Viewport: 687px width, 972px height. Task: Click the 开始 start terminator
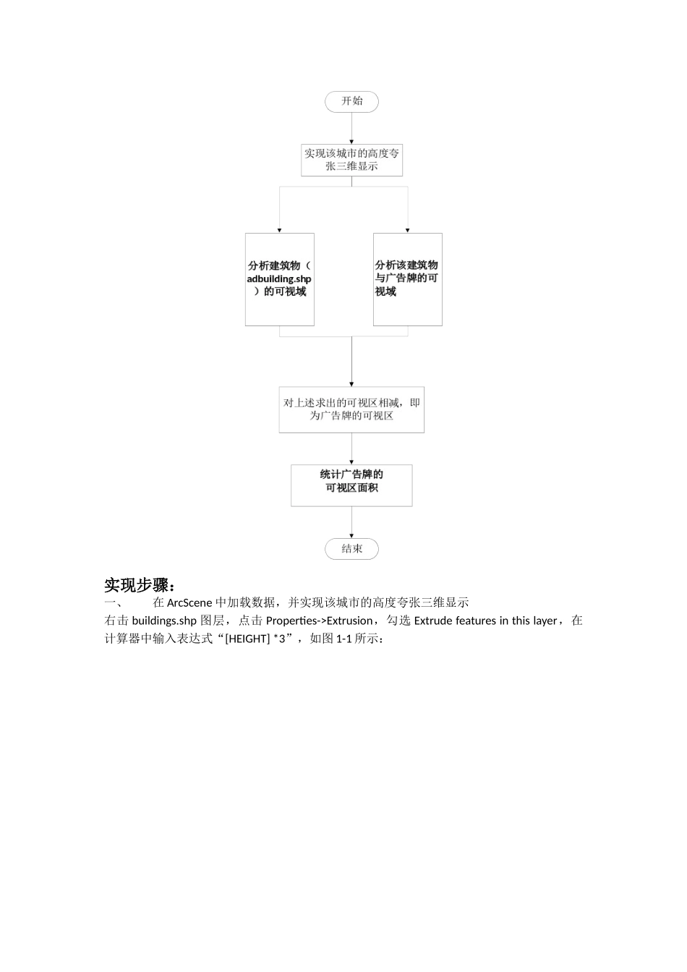coord(351,101)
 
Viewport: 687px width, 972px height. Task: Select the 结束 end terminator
coord(351,549)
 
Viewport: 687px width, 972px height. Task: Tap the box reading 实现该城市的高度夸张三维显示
coord(351,160)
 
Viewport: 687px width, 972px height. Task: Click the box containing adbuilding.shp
coord(279,279)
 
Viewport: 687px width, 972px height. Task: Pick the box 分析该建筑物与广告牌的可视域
coord(407,279)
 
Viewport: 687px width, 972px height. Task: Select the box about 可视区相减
coord(351,409)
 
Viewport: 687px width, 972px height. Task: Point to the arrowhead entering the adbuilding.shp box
coord(280,229)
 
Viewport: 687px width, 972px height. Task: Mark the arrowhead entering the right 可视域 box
coord(408,229)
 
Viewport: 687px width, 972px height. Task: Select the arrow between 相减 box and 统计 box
coord(351,448)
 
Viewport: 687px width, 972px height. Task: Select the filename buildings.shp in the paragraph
coord(164,621)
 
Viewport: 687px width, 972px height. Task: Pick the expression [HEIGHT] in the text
coord(247,639)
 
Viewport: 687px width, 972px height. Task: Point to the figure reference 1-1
coord(344,639)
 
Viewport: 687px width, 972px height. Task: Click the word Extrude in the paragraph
coord(433,621)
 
